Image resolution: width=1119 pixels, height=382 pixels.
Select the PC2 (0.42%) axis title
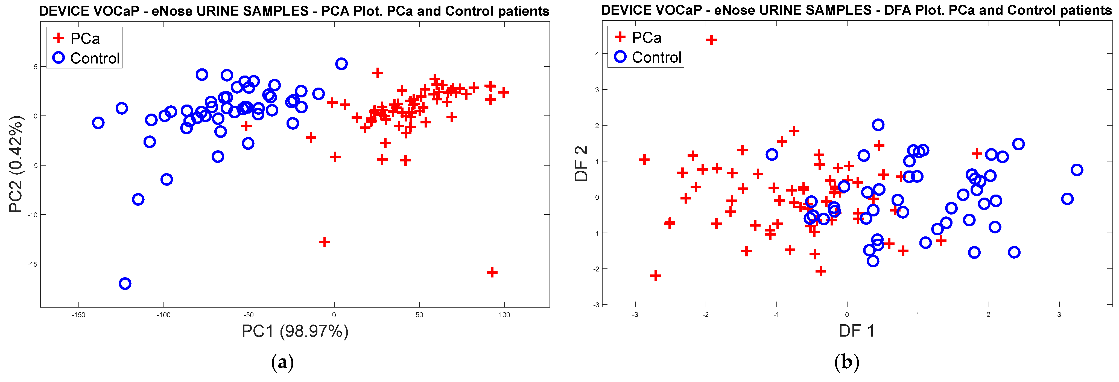[x=15, y=164]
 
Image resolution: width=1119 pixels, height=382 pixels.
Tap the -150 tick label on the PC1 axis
[x=78, y=315]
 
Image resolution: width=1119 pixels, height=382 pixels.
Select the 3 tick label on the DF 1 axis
[x=1059, y=315]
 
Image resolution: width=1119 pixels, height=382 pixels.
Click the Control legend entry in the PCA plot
[x=94, y=58]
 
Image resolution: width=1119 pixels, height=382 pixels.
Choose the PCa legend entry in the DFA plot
[x=646, y=38]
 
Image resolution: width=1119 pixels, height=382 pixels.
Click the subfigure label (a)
[x=282, y=362]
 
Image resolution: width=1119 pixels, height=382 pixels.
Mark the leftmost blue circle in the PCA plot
[x=98, y=123]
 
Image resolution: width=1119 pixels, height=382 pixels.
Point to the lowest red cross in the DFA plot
[x=655, y=276]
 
